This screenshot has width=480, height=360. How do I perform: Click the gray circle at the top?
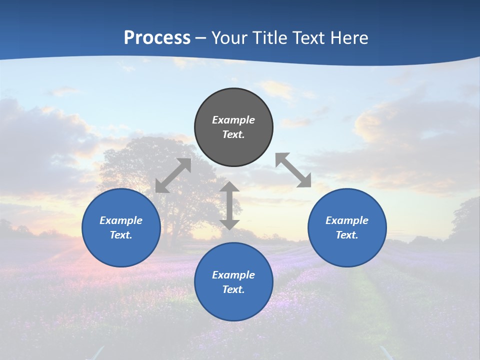233,127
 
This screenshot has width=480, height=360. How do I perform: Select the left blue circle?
121,228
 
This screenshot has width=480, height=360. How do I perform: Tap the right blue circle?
347,228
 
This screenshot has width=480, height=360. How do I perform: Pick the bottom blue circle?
233,282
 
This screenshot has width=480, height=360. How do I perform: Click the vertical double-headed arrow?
229,205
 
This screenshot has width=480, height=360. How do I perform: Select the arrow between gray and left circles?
173,175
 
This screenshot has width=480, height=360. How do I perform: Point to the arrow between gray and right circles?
293,170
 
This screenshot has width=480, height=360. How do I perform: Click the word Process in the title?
157,37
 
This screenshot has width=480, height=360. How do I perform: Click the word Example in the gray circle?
233,120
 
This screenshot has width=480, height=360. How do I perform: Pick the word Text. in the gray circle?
233,134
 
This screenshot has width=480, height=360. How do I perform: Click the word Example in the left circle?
121,220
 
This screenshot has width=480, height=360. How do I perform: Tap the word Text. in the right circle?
347,235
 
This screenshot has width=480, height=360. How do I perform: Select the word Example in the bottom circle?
233,275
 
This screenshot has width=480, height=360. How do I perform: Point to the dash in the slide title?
200,38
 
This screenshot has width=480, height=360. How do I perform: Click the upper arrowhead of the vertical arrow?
229,186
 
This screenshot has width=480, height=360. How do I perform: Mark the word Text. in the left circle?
121,235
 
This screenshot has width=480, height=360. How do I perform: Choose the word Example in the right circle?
347,220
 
